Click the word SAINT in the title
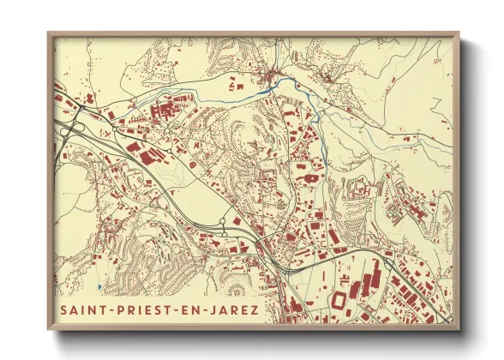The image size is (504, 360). tap(85, 308)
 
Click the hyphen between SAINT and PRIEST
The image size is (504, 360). tap(113, 308)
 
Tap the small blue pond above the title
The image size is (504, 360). tap(100, 286)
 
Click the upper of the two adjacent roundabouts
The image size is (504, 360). tap(224, 221)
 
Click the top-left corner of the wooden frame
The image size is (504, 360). tap(49, 33)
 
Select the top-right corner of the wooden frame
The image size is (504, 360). tap(459, 33)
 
